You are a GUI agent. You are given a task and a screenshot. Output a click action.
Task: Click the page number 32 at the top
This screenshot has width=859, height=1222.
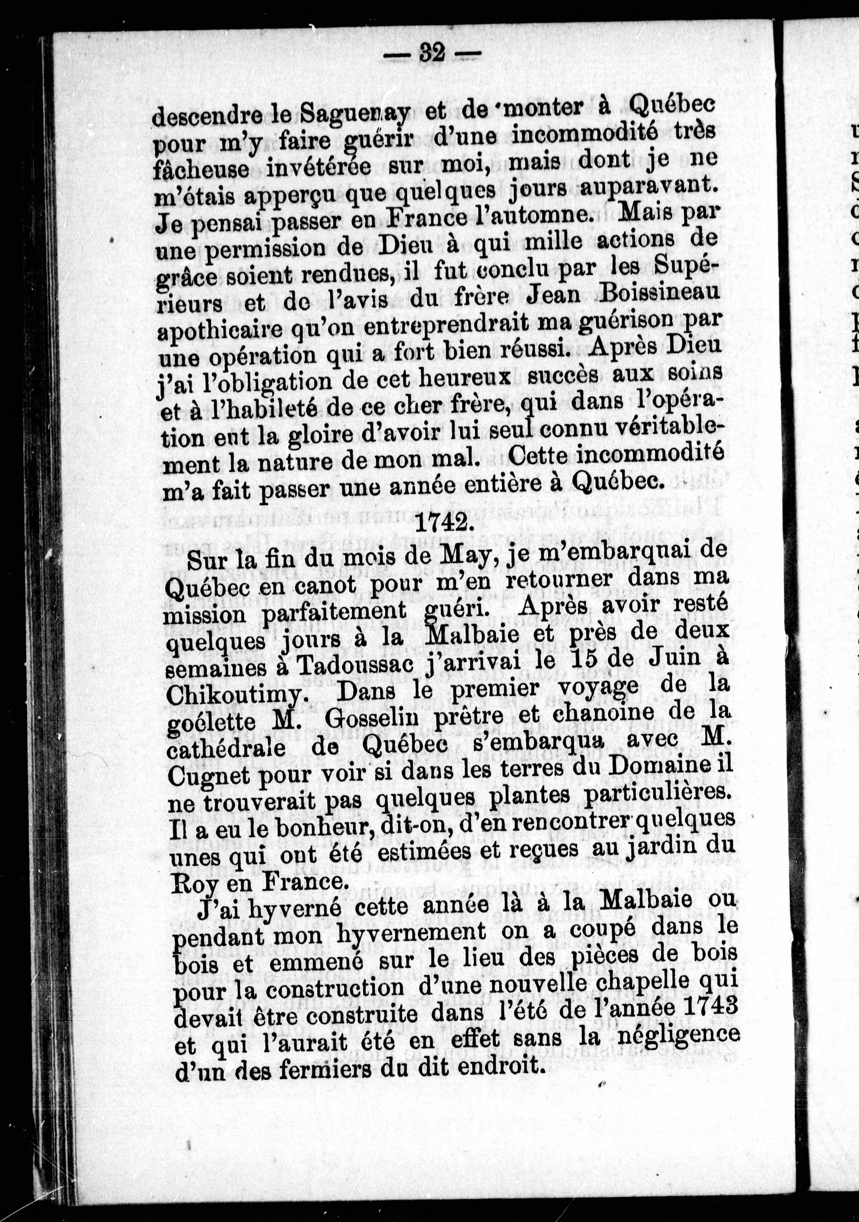click(432, 53)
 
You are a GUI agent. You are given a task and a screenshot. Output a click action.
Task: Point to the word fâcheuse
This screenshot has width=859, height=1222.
click(202, 169)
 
